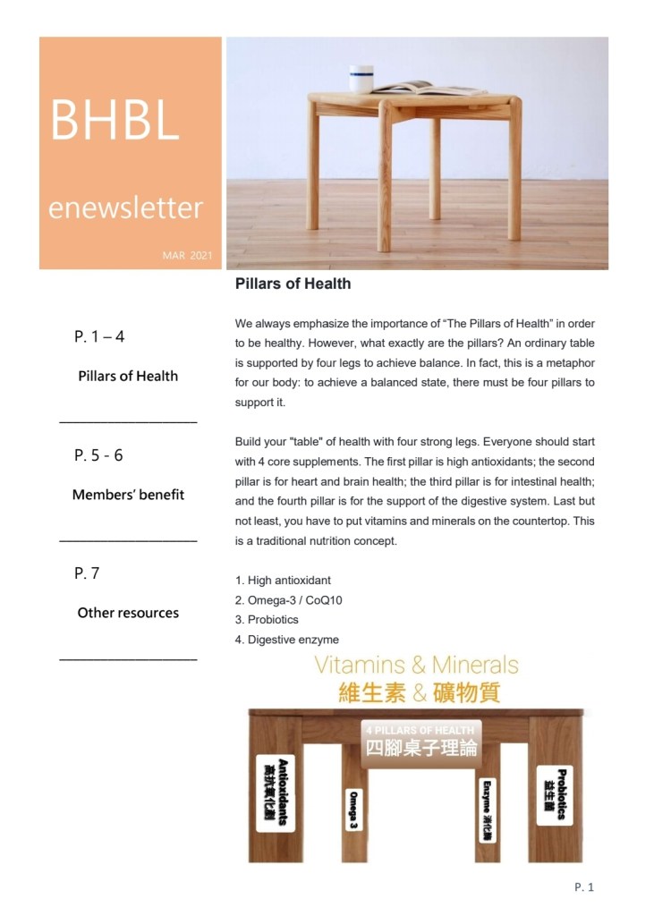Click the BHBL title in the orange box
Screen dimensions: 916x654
click(x=115, y=120)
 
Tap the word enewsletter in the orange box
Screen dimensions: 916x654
click(x=125, y=208)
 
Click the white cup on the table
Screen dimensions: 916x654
click(x=361, y=79)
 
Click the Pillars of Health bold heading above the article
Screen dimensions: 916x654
click(x=293, y=284)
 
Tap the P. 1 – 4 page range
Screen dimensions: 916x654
click(x=99, y=337)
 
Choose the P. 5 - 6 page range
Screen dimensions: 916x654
click(x=98, y=455)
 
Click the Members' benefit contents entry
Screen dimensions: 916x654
click(x=128, y=495)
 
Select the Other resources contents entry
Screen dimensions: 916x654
click(x=128, y=613)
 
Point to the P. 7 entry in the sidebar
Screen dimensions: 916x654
click(x=87, y=573)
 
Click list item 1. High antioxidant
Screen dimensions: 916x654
click(x=283, y=581)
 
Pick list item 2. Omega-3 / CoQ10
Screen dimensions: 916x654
click(x=288, y=600)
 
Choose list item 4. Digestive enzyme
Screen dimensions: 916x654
click(x=286, y=640)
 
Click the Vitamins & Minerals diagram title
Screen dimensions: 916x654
click(x=416, y=665)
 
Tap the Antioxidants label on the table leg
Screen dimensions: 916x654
click(x=276, y=792)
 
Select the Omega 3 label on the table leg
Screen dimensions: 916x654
click(x=354, y=810)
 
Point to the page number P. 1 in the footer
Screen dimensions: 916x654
click(x=584, y=887)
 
